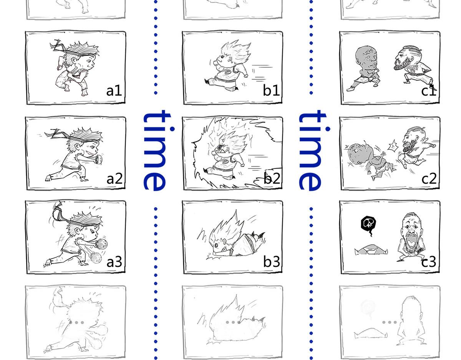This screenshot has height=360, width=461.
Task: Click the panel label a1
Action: [x=114, y=91]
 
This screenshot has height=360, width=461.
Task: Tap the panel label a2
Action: [x=114, y=178]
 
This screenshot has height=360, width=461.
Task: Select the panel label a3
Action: [x=114, y=262]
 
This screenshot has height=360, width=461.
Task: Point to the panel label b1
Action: [x=271, y=91]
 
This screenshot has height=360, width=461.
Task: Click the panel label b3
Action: [x=272, y=261]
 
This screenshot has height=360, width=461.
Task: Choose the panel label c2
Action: [x=429, y=178]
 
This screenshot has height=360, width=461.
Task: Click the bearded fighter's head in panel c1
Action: [x=407, y=60]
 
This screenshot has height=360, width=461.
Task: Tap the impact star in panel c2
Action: [x=392, y=146]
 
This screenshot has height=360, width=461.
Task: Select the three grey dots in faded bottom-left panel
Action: [x=76, y=322]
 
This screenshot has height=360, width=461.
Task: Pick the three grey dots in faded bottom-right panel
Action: [x=389, y=322]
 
